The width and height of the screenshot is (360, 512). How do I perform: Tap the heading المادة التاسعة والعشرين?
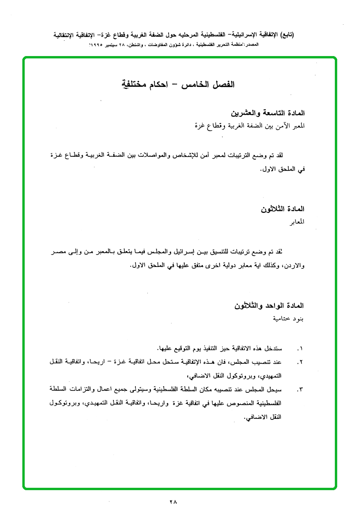click(267, 113)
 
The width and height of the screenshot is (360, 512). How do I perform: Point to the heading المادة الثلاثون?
click(282, 209)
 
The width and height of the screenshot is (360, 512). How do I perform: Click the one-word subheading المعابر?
click(296, 221)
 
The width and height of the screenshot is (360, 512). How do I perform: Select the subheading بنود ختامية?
click(288, 318)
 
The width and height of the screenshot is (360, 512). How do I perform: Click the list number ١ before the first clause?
click(299, 349)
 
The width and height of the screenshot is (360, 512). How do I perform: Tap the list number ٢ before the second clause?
click(299, 362)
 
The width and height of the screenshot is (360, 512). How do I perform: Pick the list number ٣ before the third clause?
click(299, 389)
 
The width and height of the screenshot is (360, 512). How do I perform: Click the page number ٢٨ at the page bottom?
click(172, 502)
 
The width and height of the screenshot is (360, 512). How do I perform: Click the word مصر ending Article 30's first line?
click(58, 251)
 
